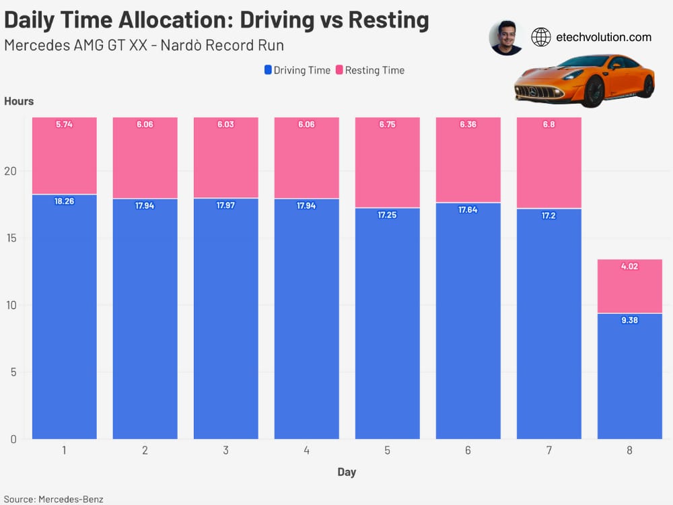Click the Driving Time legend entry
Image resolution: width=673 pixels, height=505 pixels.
(297, 70)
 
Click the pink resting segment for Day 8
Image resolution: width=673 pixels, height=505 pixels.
(629, 286)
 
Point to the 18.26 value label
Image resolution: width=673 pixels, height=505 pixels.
(64, 201)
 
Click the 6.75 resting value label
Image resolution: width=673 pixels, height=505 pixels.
(387, 125)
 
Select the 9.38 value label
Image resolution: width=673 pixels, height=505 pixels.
(629, 321)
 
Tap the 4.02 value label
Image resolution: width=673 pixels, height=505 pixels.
(629, 267)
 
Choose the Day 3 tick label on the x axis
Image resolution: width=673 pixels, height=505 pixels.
(225, 450)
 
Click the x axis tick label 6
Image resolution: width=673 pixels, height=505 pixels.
(468, 450)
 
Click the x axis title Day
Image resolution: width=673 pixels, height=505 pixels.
(347, 472)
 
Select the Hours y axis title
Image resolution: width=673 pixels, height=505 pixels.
(19, 101)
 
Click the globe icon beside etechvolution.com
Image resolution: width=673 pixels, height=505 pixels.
(541, 37)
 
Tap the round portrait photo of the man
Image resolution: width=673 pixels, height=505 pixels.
(506, 37)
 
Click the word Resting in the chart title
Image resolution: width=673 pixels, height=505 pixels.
(388, 20)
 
